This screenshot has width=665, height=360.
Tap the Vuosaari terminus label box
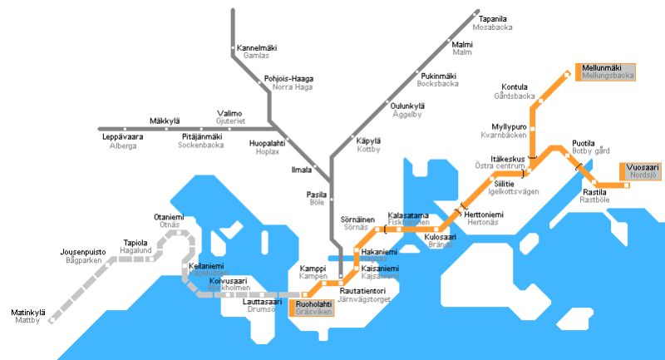click(x=643, y=170)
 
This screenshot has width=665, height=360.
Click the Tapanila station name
click(x=493, y=18)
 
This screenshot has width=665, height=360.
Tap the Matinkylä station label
click(x=28, y=313)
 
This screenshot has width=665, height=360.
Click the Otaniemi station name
click(x=167, y=217)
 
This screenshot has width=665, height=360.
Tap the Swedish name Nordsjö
click(x=643, y=176)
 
